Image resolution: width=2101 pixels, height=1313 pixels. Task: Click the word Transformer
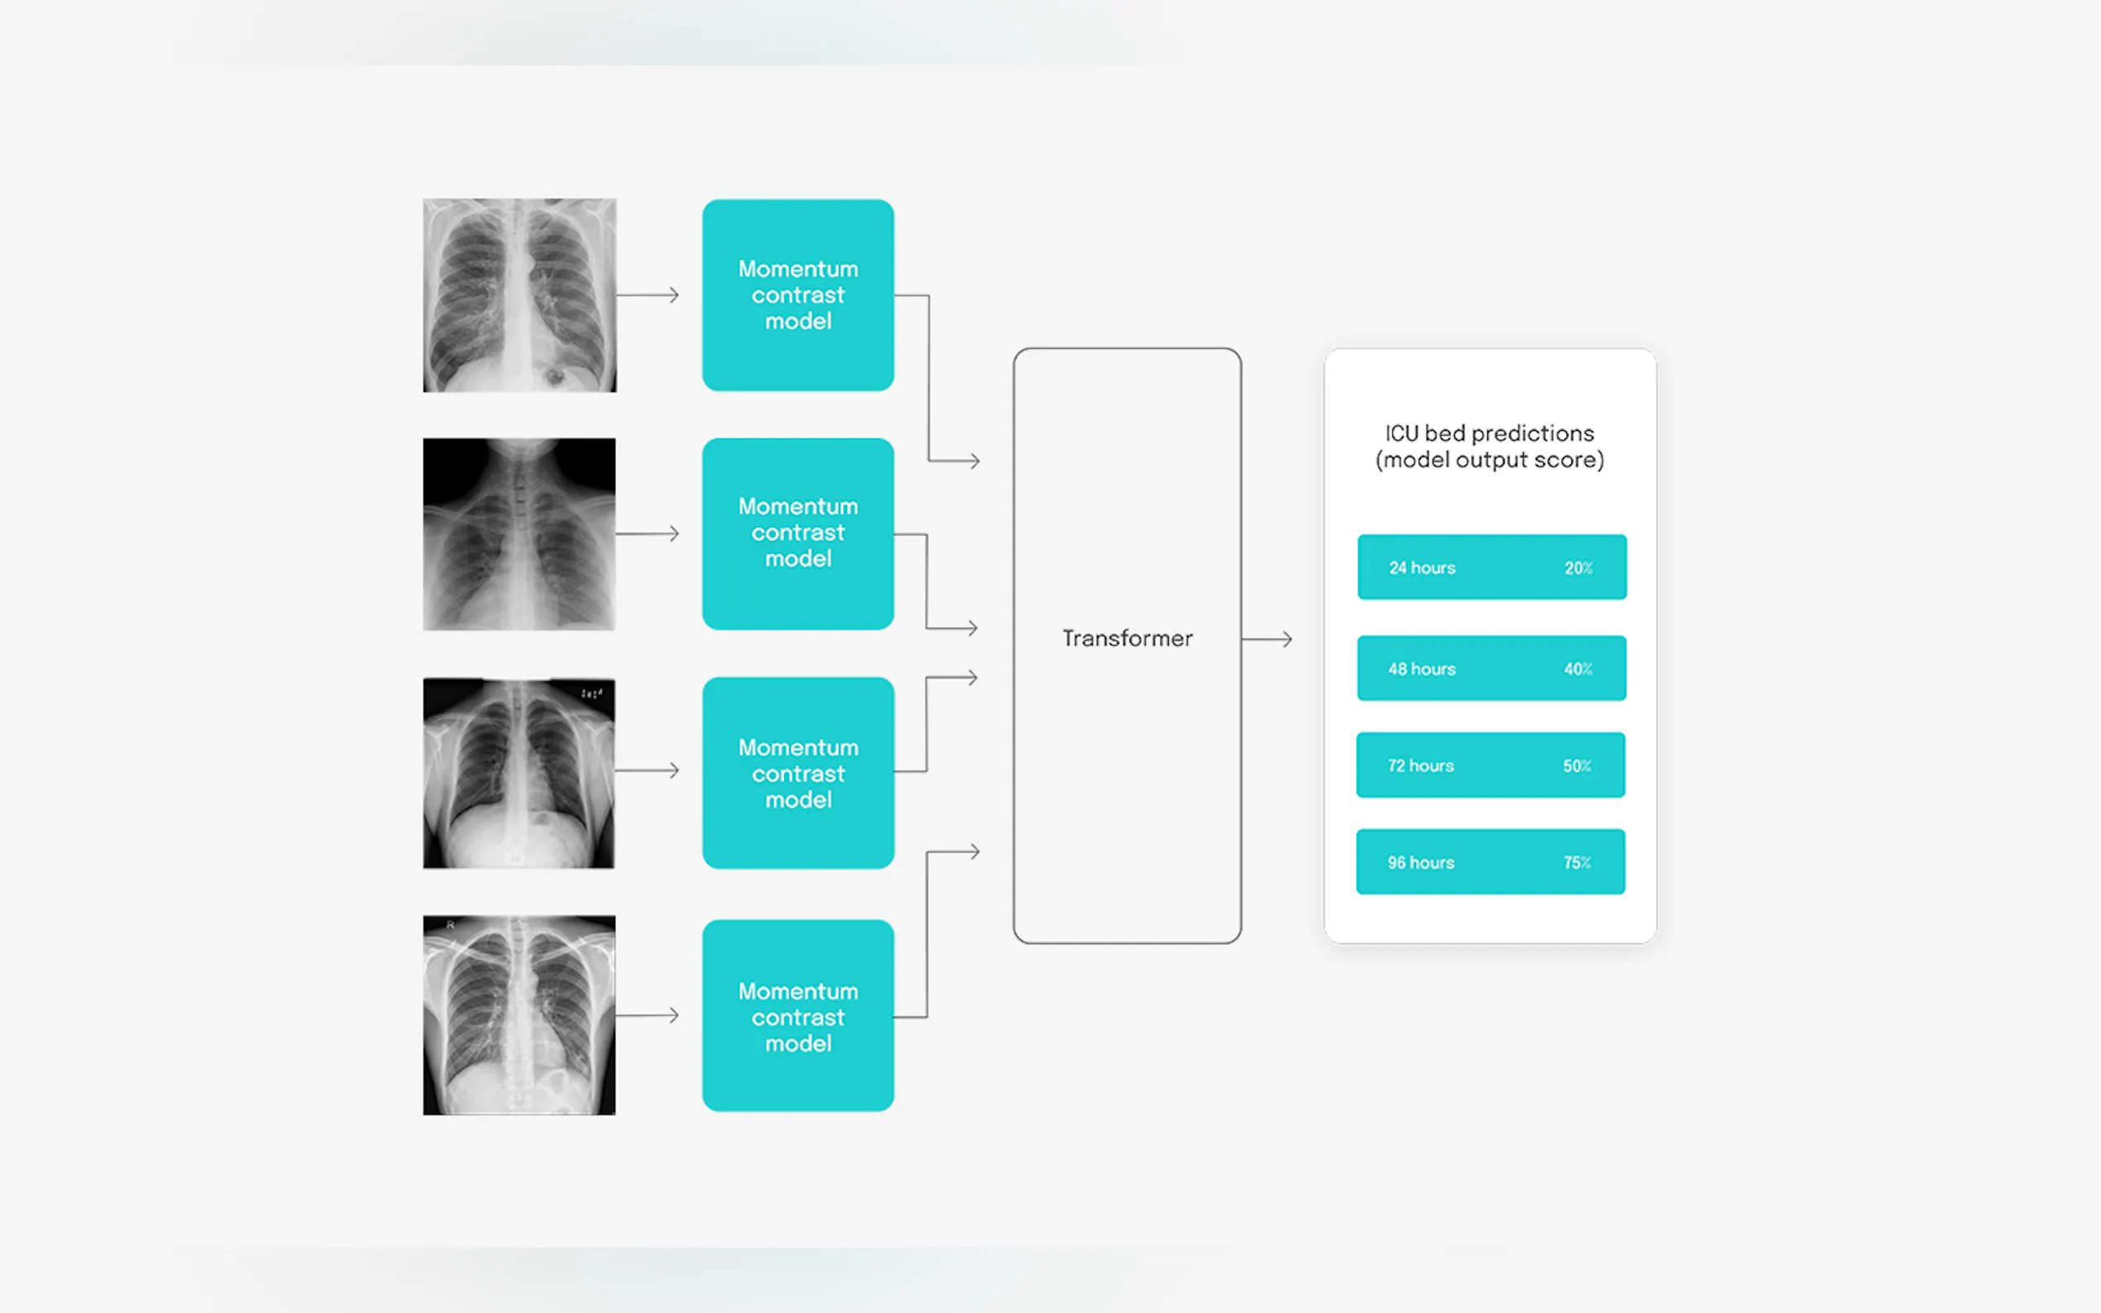[x=1127, y=638]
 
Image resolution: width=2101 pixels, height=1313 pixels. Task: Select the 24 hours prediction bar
[x=1491, y=567]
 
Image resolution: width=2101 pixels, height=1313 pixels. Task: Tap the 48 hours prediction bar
[x=1491, y=668]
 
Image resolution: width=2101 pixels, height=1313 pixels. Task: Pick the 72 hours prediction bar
[x=1490, y=765]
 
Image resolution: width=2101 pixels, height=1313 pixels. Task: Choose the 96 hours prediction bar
[x=1490, y=862]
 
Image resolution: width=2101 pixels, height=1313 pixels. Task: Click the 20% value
[x=1577, y=568]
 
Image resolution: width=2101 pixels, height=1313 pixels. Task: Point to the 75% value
[x=1577, y=862]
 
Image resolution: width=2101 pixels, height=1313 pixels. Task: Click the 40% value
[x=1577, y=669]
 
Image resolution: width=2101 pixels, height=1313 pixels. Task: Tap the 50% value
[x=1577, y=766]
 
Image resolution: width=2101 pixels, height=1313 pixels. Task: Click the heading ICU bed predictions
[x=1489, y=432]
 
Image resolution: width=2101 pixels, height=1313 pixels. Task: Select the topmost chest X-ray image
[x=519, y=295]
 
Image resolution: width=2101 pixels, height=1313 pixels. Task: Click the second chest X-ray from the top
[x=519, y=534]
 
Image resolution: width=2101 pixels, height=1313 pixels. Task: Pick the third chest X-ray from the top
[x=519, y=773]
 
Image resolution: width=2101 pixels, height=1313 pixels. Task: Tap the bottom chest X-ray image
[x=519, y=1015]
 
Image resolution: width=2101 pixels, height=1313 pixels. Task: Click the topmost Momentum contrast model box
[x=797, y=295]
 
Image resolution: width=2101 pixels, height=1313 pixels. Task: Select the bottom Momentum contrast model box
[x=797, y=1015]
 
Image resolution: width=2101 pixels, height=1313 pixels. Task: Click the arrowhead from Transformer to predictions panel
[x=1285, y=639]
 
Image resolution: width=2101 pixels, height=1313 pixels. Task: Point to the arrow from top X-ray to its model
[x=647, y=295]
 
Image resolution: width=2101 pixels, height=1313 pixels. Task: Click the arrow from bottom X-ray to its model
[x=647, y=1015]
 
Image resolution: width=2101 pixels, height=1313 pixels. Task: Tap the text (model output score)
[x=1489, y=460]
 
